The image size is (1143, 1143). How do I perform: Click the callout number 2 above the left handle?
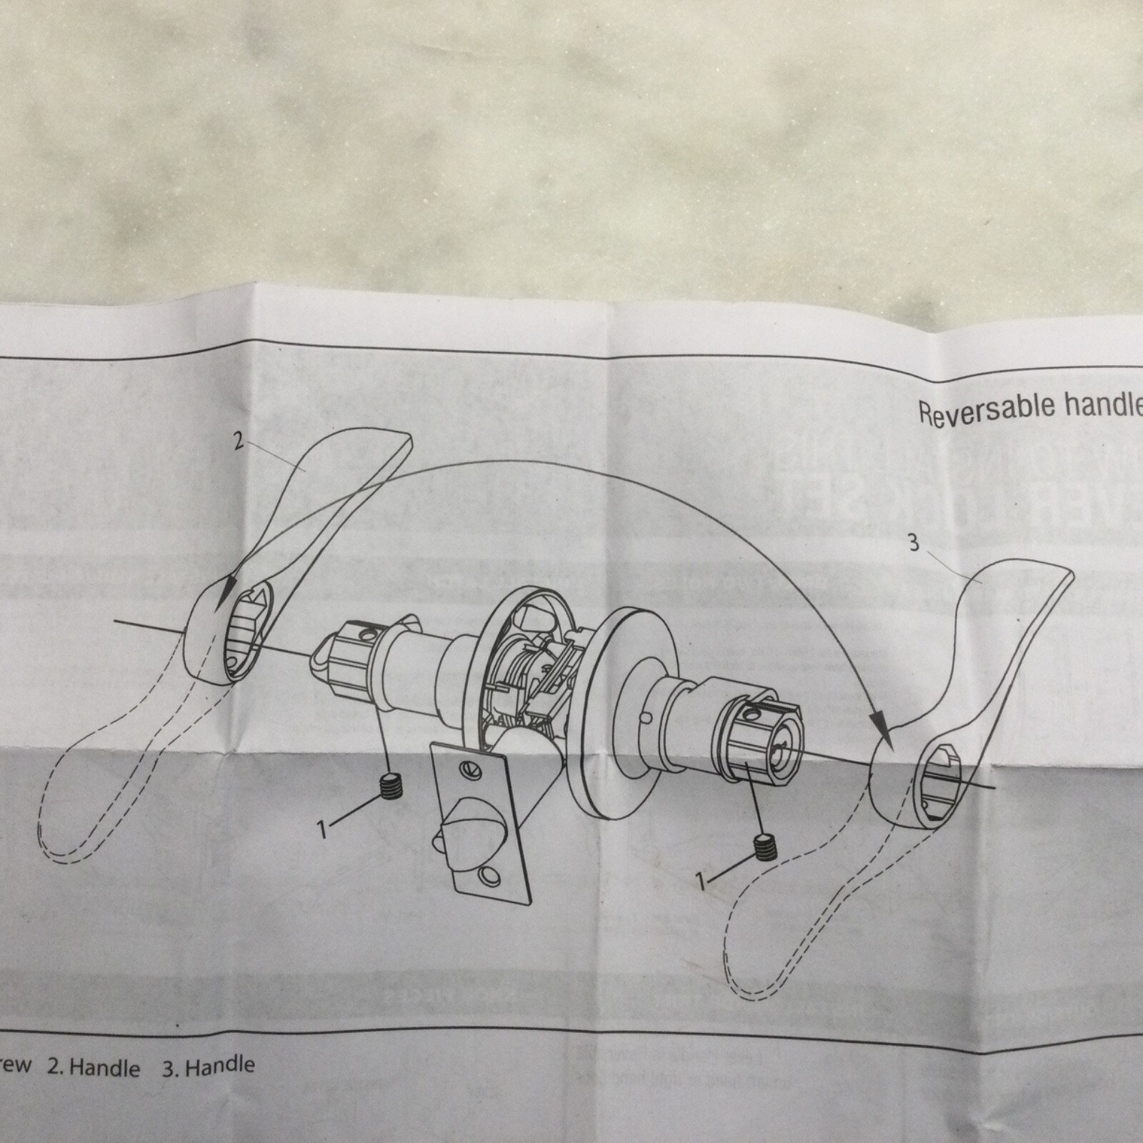pos(239,441)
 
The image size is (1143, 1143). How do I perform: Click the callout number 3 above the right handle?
pos(914,544)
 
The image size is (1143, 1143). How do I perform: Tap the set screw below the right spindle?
pos(765,846)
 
